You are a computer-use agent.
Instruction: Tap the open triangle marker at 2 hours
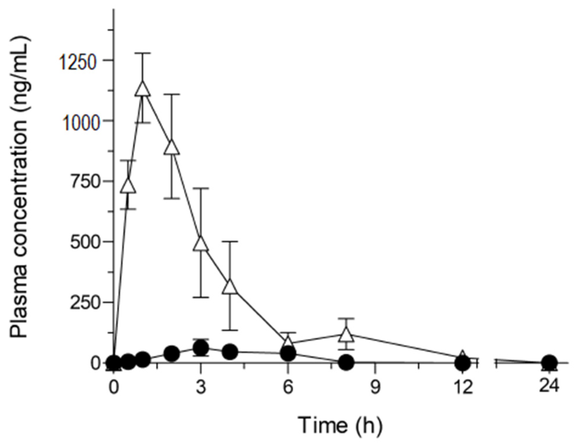(172, 147)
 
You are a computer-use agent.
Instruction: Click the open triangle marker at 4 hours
(230, 287)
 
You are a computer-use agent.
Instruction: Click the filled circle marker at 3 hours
(201, 348)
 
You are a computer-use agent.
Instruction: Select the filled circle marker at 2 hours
(172, 354)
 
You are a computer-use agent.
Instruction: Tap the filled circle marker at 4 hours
(230, 351)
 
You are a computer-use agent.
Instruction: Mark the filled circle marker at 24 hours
(549, 362)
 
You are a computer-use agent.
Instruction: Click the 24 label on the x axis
(549, 386)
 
